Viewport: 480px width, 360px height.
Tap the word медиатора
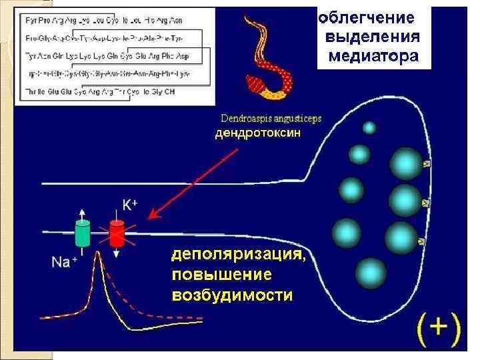(373, 55)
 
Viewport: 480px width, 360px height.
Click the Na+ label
(65, 261)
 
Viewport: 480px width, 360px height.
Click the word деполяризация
(240, 255)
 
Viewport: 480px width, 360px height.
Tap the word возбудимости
(232, 294)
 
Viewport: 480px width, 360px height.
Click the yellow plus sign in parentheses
(438, 327)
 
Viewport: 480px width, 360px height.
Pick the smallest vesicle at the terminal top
(369, 127)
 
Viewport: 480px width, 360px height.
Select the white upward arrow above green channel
(83, 212)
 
